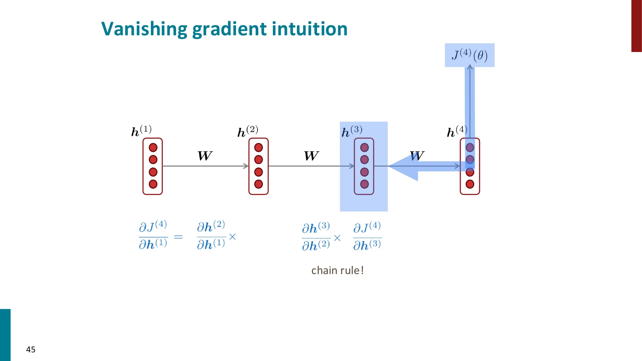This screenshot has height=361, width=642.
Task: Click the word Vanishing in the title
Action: point(144,29)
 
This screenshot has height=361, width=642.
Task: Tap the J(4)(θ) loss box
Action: point(470,55)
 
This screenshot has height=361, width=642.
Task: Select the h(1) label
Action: point(141,131)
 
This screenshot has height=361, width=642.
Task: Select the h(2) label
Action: point(247,131)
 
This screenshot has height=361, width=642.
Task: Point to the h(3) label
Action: point(352,131)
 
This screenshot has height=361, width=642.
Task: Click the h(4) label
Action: point(457,131)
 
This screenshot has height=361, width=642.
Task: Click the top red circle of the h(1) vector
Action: point(153,148)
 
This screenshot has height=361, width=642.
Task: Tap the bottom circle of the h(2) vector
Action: point(258,184)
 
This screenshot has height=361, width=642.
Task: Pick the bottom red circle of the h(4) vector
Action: point(470,184)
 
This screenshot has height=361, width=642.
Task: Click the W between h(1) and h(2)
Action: point(205,156)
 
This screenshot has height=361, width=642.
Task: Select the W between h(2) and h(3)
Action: point(311,156)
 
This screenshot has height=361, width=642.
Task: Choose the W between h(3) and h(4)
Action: point(417,156)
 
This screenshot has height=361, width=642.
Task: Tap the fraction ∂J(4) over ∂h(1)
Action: point(153,235)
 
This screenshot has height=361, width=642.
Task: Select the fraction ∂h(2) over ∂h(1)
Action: point(211,235)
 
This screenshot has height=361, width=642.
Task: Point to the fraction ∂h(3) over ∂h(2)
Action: point(316,236)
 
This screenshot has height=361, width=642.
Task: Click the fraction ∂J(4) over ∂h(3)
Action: point(367,236)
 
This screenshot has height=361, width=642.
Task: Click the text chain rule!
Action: point(337,271)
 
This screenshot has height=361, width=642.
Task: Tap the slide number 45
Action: point(31,349)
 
